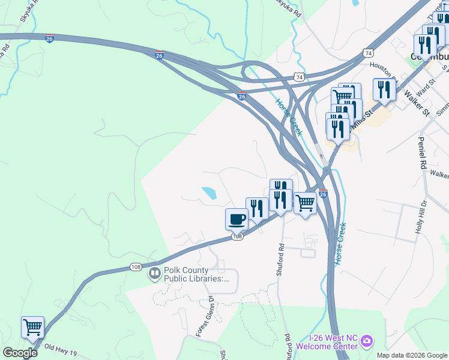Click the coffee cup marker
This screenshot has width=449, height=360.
pyautogui.click(x=237, y=219)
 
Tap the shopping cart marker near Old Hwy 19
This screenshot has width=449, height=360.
pyautogui.click(x=32, y=328)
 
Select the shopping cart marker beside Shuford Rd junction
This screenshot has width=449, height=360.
pyautogui.click(x=305, y=204)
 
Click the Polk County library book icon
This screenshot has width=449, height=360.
pyautogui.click(x=154, y=274)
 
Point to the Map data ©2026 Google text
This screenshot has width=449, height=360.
pyautogui.click(x=412, y=355)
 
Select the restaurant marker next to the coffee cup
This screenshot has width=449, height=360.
pyautogui.click(x=257, y=209)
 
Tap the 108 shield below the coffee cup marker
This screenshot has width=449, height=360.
pyautogui.click(x=237, y=238)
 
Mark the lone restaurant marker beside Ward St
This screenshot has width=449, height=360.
pyautogui.click(x=384, y=89)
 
